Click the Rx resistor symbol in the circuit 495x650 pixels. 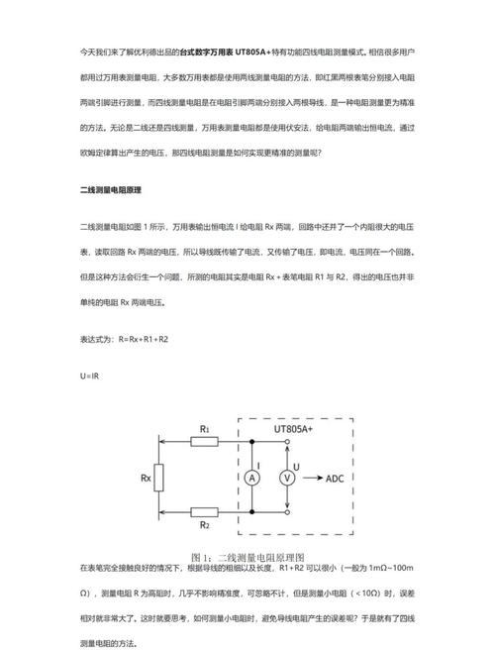point(161,477)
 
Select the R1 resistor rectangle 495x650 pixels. point(205,441)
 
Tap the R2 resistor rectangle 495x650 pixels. point(205,512)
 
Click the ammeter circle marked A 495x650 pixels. point(251,478)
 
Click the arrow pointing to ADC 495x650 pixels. point(313,478)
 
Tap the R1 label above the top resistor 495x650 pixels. point(205,428)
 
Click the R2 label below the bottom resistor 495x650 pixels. point(205,526)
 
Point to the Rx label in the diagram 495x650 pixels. point(145,477)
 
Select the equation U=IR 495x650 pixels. point(90,377)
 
